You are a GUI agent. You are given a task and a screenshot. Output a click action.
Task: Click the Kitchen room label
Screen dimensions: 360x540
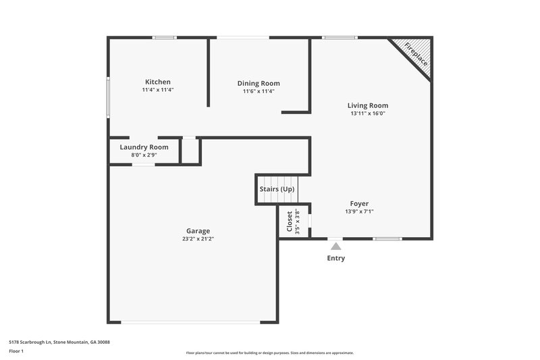(x=158, y=82)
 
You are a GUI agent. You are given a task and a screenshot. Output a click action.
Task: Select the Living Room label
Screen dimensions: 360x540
(x=367, y=105)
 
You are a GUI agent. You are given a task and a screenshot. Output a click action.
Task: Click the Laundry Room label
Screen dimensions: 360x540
(x=144, y=147)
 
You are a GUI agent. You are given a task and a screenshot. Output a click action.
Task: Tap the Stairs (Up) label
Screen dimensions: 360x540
(x=277, y=189)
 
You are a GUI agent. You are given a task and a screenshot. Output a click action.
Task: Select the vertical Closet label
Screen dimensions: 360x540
(x=290, y=221)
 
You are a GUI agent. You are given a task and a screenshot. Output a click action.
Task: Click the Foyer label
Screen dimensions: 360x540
(x=359, y=203)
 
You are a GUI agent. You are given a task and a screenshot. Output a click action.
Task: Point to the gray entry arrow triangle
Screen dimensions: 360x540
(x=335, y=247)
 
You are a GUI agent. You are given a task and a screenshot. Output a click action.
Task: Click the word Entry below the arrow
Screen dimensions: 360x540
(x=335, y=258)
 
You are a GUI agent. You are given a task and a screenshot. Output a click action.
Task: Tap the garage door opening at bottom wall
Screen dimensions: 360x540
(x=191, y=322)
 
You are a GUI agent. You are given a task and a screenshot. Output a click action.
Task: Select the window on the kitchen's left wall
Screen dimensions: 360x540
(x=109, y=99)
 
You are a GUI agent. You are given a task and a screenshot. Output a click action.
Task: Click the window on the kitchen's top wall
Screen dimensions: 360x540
(x=164, y=37)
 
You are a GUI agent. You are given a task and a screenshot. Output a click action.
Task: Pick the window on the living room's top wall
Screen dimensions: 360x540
(x=340, y=37)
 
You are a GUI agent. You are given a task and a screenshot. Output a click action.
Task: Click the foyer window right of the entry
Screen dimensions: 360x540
(x=387, y=238)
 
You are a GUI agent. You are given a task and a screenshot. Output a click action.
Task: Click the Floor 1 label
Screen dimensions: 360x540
(x=17, y=352)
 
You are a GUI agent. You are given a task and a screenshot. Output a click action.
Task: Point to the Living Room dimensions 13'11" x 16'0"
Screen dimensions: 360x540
(x=367, y=114)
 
